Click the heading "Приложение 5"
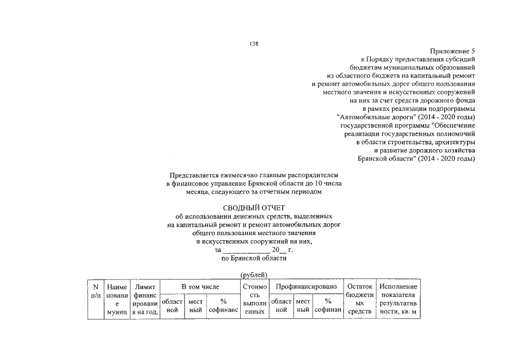point(453,51)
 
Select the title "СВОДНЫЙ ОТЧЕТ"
point(254,209)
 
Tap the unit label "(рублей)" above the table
point(254,274)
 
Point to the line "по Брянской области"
point(254,259)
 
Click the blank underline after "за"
point(246,250)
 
